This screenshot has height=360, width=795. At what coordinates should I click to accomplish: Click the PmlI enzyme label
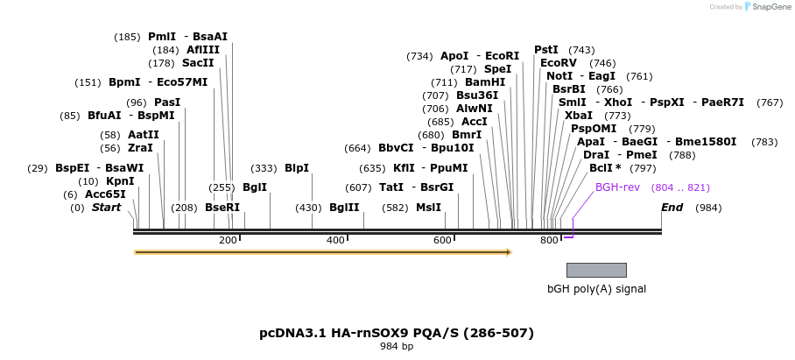pos(162,37)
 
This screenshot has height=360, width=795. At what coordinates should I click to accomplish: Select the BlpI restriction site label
pos(297,168)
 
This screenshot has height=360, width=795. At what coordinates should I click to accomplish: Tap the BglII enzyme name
pos(344,208)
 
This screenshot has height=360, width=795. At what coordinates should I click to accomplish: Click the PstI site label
pos(546,50)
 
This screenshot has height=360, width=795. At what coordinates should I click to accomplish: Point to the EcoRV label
pos(559,63)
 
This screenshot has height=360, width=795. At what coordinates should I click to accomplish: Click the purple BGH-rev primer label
pos(618,187)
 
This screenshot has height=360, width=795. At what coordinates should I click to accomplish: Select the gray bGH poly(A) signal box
pos(596,270)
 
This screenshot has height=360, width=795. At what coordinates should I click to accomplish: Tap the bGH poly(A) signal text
pos(596,288)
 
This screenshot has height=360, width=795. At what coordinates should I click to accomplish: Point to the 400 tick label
pos(336,240)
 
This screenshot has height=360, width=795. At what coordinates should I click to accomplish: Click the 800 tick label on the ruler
pos(549,240)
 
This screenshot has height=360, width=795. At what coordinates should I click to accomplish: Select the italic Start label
pos(106,208)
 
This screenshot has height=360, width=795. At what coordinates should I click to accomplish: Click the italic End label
pos(672,208)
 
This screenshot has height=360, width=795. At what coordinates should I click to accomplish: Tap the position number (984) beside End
pos(709,208)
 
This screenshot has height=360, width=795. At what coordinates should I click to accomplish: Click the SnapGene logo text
pos(771,7)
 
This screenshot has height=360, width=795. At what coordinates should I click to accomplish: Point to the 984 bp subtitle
pos(397,347)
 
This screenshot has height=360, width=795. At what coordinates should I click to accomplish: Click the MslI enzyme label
pos(428,208)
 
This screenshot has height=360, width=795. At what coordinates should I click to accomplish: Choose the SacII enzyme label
pos(198,63)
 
